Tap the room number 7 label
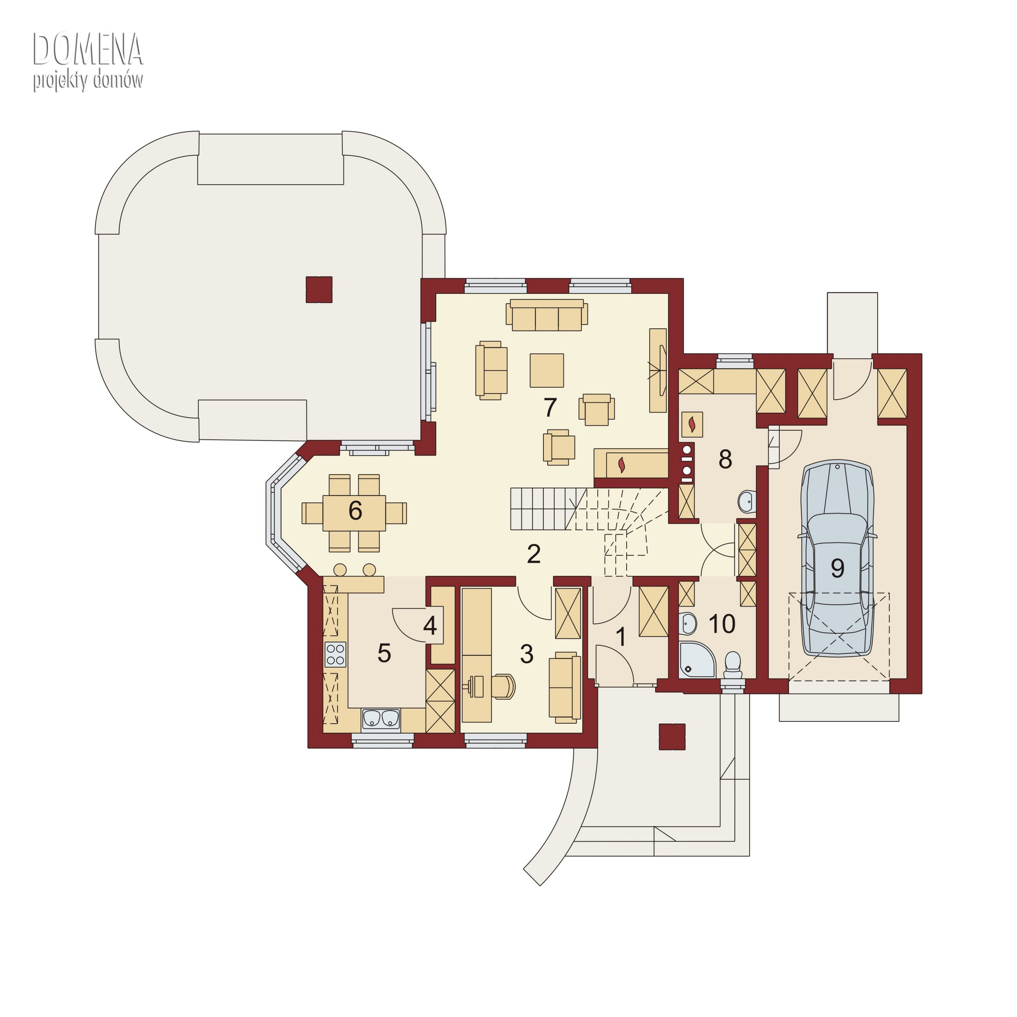coord(550,407)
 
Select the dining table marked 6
coord(354,513)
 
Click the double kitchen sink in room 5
coord(381,719)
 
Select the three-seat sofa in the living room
coord(547,315)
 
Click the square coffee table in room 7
coord(547,371)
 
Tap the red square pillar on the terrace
coord(319,290)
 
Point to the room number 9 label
coord(837,568)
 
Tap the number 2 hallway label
coord(534,554)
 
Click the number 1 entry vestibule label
coord(621,637)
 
